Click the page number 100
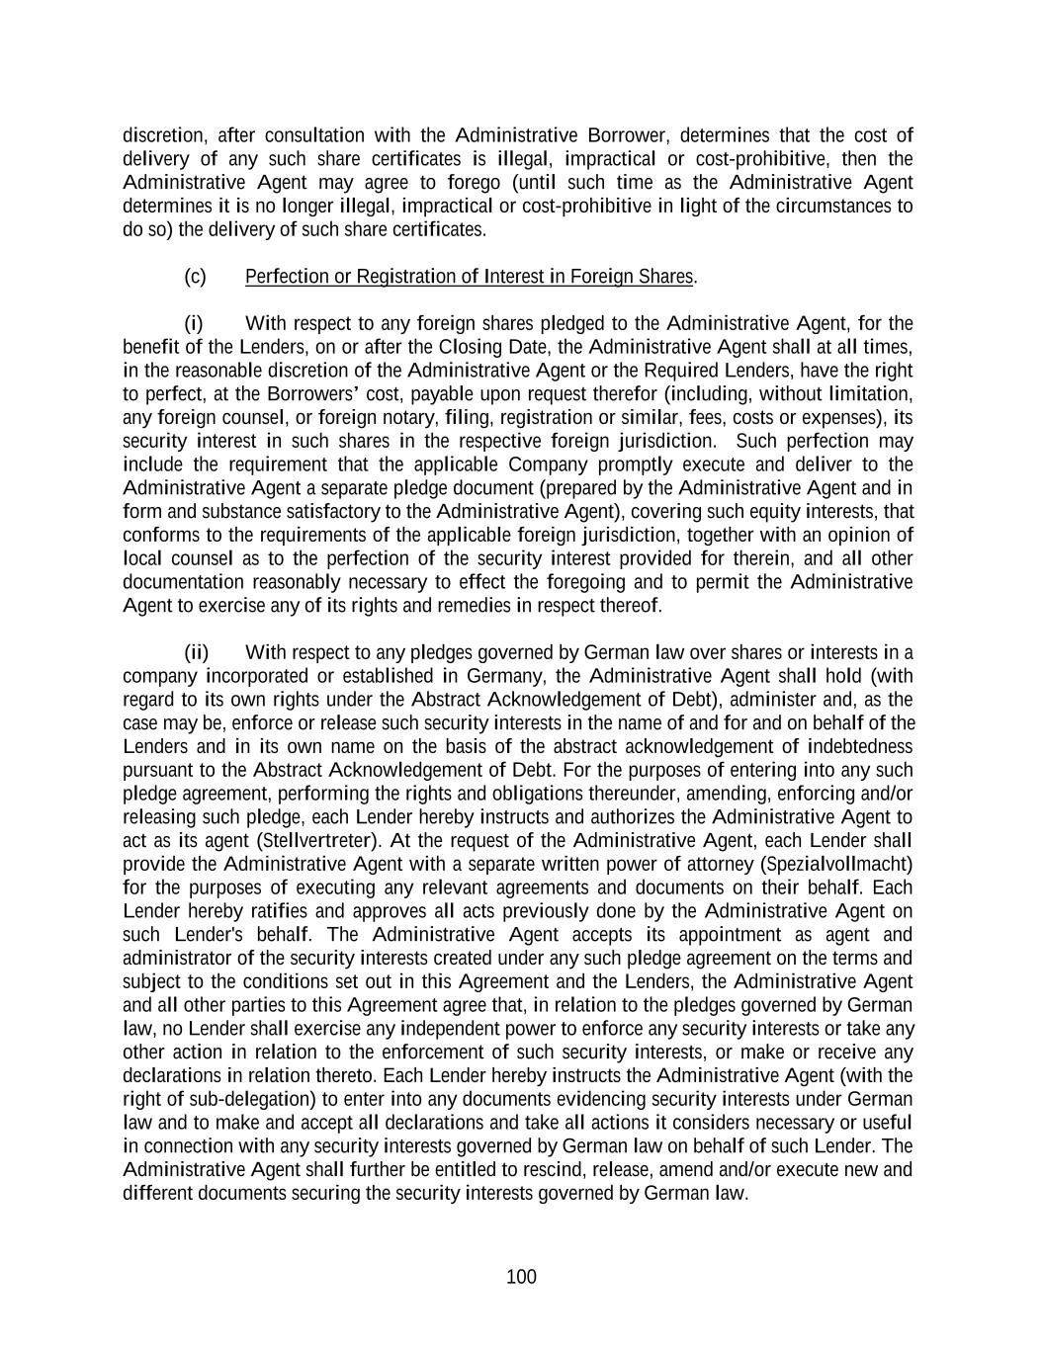521,1277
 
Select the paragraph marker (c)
195,277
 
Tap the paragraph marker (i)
194,324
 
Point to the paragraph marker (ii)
197,652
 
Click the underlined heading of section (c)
469,277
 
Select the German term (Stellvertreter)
318,841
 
